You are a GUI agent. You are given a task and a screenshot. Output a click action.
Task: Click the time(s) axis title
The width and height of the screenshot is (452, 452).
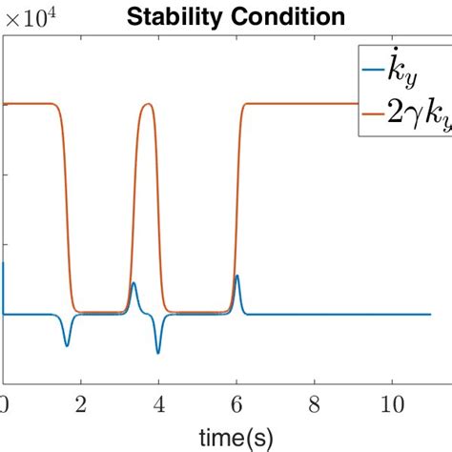pos(236,437)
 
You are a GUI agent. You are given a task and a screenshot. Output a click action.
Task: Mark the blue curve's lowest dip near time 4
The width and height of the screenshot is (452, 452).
pos(158,352)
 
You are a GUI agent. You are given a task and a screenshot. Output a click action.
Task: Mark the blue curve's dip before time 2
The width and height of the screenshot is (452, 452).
pos(67,345)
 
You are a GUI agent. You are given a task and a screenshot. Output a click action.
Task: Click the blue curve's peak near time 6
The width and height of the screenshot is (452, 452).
pos(237,277)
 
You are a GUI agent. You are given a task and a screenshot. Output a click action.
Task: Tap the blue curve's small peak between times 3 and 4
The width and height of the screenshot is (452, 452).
pos(134,283)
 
